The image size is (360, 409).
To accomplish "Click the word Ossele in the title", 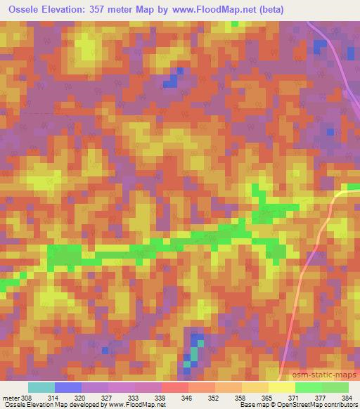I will tap(26, 9).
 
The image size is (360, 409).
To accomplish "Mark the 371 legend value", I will tap(295, 397).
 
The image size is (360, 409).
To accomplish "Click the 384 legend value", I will tap(348, 397).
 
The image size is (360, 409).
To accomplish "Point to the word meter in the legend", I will tap(11, 397).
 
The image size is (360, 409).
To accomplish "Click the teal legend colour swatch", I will tap(41, 387).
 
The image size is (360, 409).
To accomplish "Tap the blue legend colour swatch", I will tap(68, 387).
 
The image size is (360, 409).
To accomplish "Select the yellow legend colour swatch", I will tap(282, 387).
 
